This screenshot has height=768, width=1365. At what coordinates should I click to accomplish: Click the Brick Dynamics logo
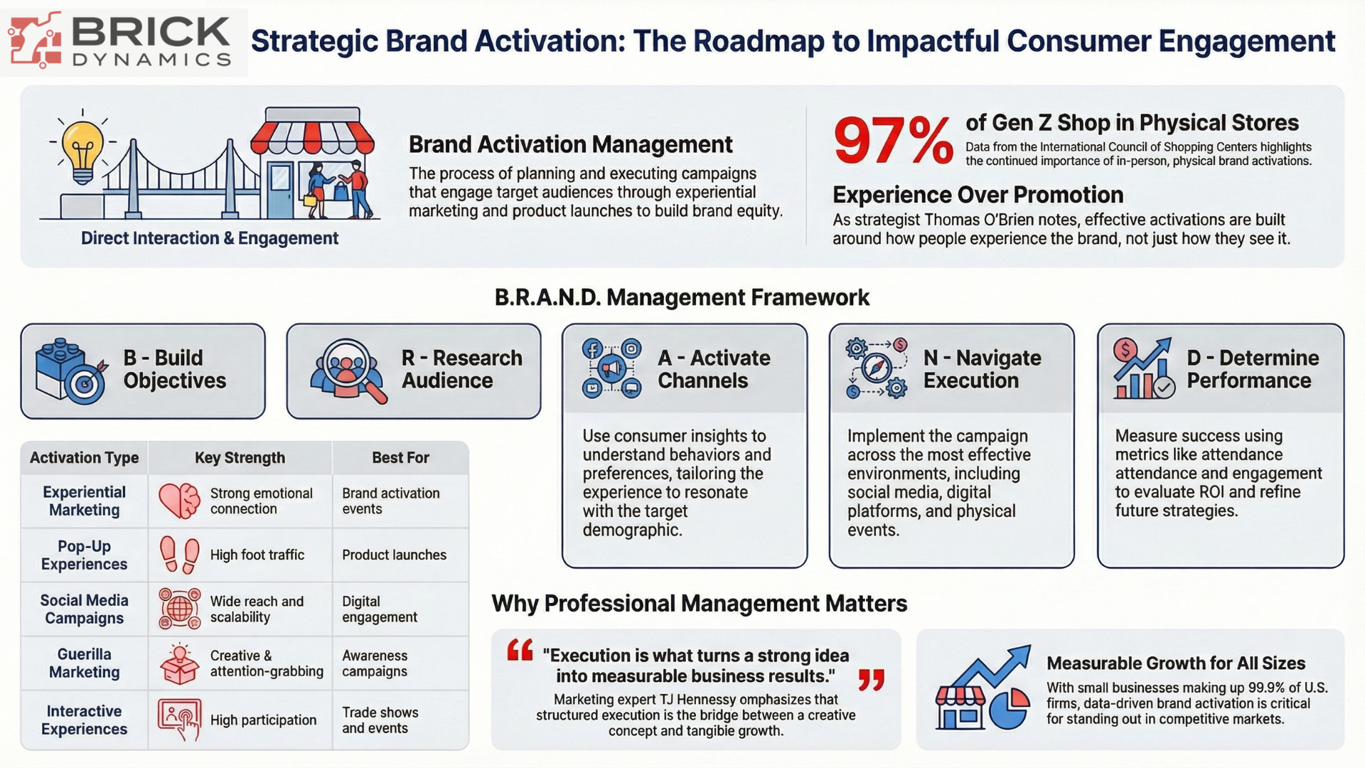pyautogui.click(x=124, y=42)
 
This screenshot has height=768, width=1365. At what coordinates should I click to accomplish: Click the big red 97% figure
pyautogui.click(x=893, y=140)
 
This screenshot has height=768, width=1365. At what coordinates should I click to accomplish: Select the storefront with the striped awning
pyautogui.click(x=313, y=163)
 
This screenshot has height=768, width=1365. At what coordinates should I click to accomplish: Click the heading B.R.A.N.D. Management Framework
pyautogui.click(x=682, y=297)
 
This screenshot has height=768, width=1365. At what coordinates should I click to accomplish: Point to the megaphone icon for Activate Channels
pyautogui.click(x=611, y=368)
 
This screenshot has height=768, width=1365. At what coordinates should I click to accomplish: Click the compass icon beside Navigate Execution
pyautogui.click(x=877, y=368)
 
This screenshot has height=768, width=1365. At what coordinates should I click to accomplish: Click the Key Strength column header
pyautogui.click(x=240, y=458)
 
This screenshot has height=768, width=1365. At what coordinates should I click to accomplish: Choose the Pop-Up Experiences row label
pyautogui.click(x=84, y=555)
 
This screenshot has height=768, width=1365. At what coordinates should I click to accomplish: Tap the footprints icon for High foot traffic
pyautogui.click(x=179, y=555)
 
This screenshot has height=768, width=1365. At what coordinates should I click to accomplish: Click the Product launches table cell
pyautogui.click(x=394, y=555)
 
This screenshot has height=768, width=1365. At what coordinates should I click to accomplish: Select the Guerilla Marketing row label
pyautogui.click(x=84, y=663)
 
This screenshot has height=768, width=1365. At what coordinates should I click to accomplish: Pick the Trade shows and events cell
pyautogui.click(x=380, y=720)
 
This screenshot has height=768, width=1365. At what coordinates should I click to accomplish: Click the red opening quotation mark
pyautogui.click(x=520, y=650)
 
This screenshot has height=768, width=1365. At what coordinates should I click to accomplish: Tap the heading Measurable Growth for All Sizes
pyautogui.click(x=1176, y=663)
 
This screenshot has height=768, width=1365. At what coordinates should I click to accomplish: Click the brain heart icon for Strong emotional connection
pyautogui.click(x=179, y=501)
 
